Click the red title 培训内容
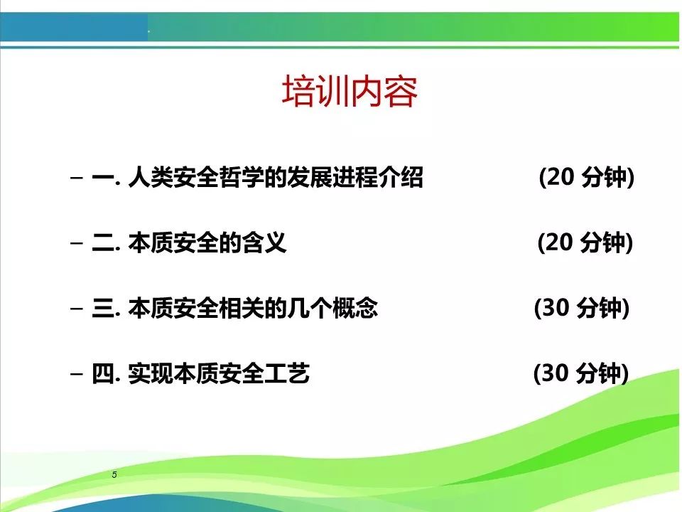click(x=350, y=92)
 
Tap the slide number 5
click(x=114, y=474)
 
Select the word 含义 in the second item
click(x=264, y=242)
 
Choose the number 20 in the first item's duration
click(x=561, y=177)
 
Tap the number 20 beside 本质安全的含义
click(x=559, y=242)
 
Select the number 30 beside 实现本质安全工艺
click(x=555, y=373)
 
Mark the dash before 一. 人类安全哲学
click(x=77, y=178)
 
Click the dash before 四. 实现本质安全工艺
click(x=77, y=373)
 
